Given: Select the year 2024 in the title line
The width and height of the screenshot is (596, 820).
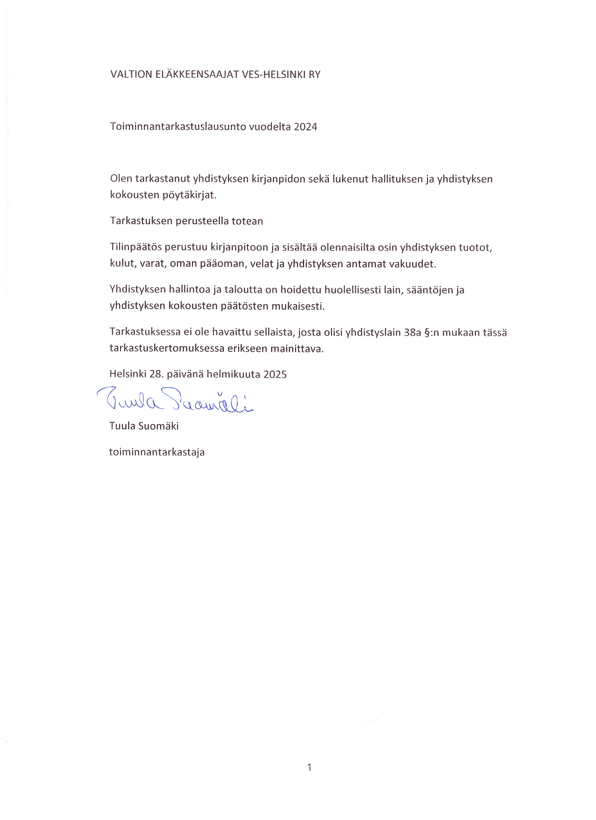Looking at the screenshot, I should [305, 127].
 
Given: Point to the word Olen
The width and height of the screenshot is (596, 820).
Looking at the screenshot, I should [121, 179].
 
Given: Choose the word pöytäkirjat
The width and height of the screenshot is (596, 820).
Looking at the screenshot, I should [189, 195].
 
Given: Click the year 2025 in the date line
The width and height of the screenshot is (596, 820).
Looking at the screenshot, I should [275, 374].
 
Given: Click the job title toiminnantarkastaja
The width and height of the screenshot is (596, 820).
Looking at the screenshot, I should [157, 452].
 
